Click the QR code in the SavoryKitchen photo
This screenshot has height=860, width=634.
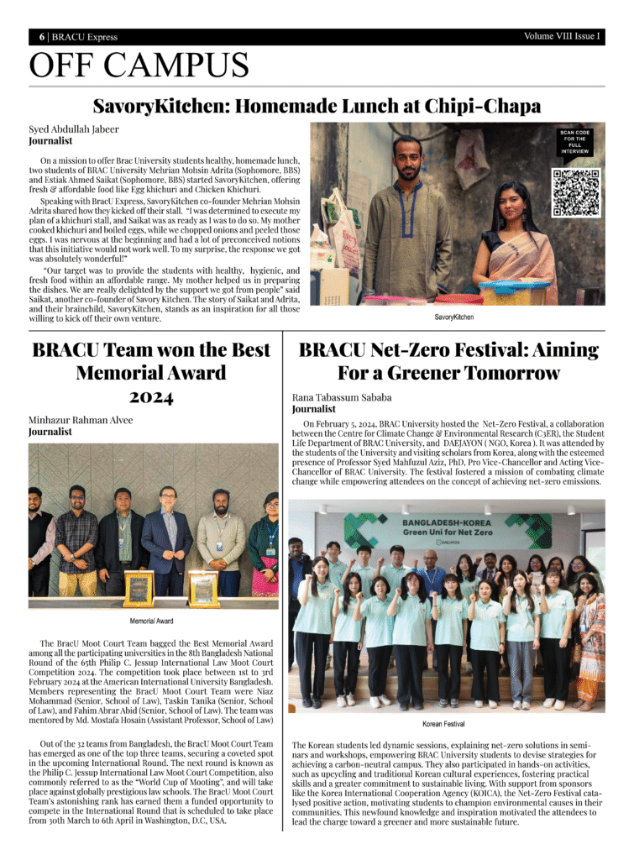point(575,191)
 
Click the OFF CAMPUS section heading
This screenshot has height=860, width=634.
point(139,66)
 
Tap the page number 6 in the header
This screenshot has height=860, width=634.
point(41,37)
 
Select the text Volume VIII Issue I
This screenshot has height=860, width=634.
point(562,36)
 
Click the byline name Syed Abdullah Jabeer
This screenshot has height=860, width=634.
point(74,129)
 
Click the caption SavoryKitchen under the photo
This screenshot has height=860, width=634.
point(453,317)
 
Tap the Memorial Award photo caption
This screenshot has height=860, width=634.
point(152,621)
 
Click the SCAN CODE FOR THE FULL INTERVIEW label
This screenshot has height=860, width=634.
point(575,142)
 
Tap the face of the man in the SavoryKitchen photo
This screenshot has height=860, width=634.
point(407,159)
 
